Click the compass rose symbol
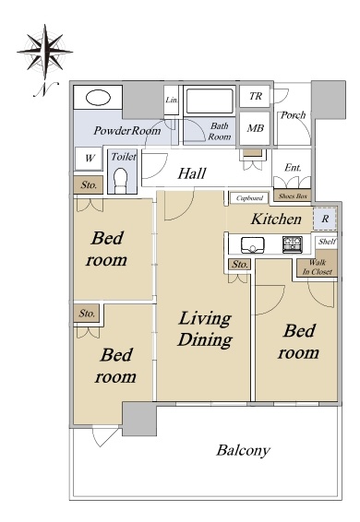pos(44,52)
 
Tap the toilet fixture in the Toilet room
pos(121,181)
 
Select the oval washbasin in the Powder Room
pos(98,98)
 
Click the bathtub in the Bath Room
pos(210,101)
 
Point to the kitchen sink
pos(253,245)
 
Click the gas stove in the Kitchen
pos(293,244)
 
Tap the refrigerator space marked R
pos(325,219)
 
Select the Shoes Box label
pos(293,196)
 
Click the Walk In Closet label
pos(317,267)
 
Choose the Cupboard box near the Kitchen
pos(249,198)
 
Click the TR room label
pos(256,96)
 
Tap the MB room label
pos(256,128)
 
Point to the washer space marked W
pos(89,159)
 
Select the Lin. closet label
pos(172,100)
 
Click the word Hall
pos(192,173)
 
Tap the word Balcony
pos(243,451)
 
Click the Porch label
pos(293,115)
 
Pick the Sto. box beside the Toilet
pos(89,184)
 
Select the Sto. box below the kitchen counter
pos(240,265)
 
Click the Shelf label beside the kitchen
pos(327,242)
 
